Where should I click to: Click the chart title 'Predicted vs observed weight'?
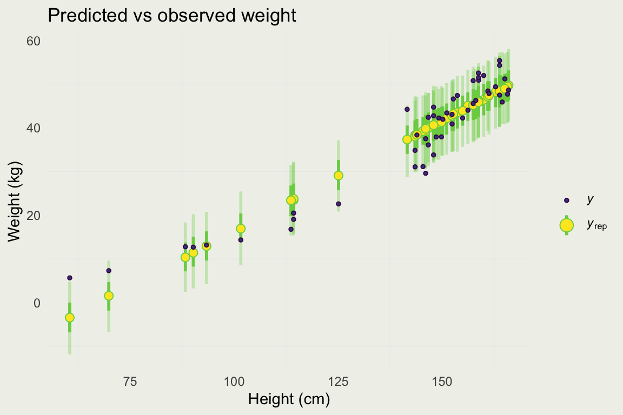tap(172, 15)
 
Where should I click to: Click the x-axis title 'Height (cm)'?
tap(289, 400)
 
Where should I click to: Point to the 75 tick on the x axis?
tap(130, 381)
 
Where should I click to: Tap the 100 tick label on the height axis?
tap(234, 381)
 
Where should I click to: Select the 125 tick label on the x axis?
tap(338, 381)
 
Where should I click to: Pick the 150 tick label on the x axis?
tap(442, 381)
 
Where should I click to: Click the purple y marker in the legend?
tap(566, 200)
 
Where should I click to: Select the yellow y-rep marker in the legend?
tap(566, 225)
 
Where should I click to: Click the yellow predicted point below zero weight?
tap(69, 317)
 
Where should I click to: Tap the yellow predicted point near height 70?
tap(108, 296)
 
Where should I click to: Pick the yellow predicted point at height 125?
tap(338, 175)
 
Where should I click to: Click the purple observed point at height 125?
tap(338, 204)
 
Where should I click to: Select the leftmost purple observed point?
tap(69, 278)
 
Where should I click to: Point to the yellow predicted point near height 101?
tap(241, 229)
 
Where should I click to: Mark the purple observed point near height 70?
tap(108, 270)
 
